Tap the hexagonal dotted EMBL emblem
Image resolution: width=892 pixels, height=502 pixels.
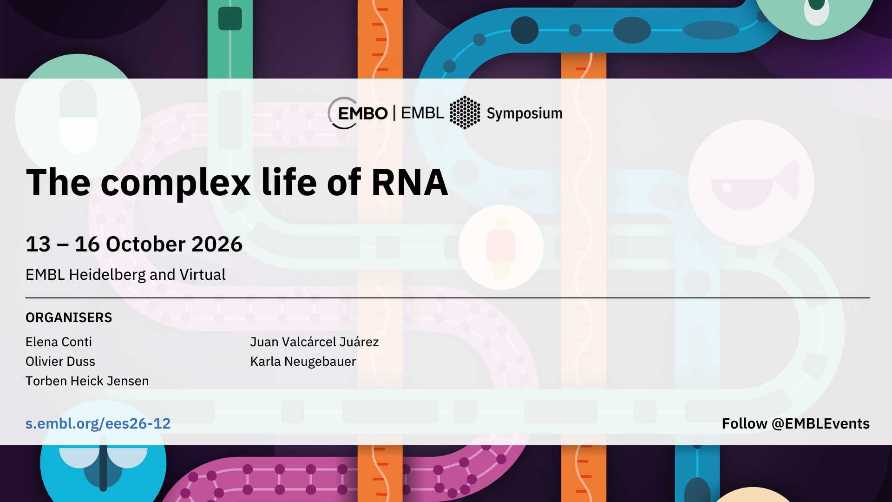[465, 112]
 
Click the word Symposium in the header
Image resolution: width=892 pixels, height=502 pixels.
[525, 113]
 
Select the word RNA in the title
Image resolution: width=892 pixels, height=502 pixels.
[410, 182]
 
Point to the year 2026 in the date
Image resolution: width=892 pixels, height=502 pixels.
[217, 244]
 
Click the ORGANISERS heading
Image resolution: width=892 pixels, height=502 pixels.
[69, 317]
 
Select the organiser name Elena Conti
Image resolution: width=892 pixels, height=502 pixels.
[59, 342]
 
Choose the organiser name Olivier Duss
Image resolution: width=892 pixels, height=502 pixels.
[60, 361]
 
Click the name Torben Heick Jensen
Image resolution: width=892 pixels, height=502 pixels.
[87, 381]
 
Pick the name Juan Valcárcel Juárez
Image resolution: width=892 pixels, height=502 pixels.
[315, 342]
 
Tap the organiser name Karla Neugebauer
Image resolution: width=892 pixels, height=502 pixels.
[303, 361]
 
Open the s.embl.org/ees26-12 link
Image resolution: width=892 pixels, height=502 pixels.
[98, 423]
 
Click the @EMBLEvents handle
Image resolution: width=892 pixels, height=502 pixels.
[820, 423]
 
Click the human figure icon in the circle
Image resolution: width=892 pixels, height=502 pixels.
[501, 248]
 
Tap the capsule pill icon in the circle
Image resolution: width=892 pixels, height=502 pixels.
[78, 117]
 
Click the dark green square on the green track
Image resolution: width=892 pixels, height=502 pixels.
[230, 19]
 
